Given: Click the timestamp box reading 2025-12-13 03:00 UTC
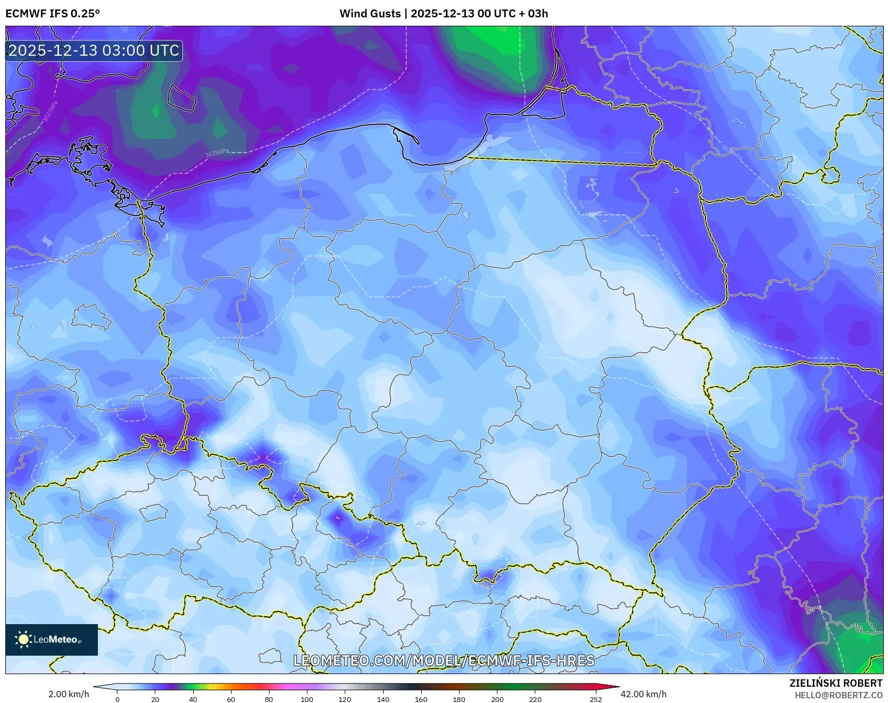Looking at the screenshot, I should point(94,50).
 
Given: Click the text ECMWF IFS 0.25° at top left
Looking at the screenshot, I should point(52,13).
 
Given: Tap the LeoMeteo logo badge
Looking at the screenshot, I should point(52,639).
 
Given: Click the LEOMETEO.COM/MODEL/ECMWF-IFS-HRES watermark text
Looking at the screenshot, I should point(444,660).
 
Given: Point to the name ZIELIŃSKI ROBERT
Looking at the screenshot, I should point(835,683).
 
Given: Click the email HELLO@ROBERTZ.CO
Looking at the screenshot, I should point(838,695).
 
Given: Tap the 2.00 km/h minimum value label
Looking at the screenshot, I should point(68,694).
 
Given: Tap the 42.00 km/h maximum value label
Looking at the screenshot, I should point(643,694).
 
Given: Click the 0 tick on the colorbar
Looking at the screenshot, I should point(117,699).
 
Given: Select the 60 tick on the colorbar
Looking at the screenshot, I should point(231,699).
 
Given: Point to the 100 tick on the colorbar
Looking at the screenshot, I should point(307,699).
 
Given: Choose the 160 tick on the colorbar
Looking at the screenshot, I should point(421,699).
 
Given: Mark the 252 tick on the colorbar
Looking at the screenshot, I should point(595,699).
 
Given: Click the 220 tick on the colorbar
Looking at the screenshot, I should point(535,699).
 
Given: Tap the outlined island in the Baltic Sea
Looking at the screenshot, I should point(182,97).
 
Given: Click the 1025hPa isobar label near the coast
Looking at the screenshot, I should point(217,153).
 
